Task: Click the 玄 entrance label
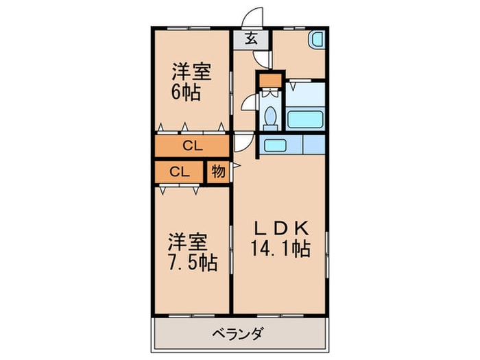coord(251,38)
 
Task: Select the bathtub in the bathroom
coord(305,120)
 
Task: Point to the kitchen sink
coord(274,145)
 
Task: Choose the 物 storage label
coord(218,171)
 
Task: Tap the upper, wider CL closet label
coord(193,146)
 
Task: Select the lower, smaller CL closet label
coord(180,172)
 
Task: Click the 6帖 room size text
coord(186,92)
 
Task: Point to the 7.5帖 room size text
coord(193,262)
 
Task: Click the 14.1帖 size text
coord(280,248)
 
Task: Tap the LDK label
coord(281,228)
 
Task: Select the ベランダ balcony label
coord(237,334)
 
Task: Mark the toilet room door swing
coord(248,102)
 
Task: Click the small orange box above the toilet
coord(271,80)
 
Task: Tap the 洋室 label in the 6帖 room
coord(191,71)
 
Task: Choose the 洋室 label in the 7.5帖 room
coord(187,242)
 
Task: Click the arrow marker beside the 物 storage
coord(237,166)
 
